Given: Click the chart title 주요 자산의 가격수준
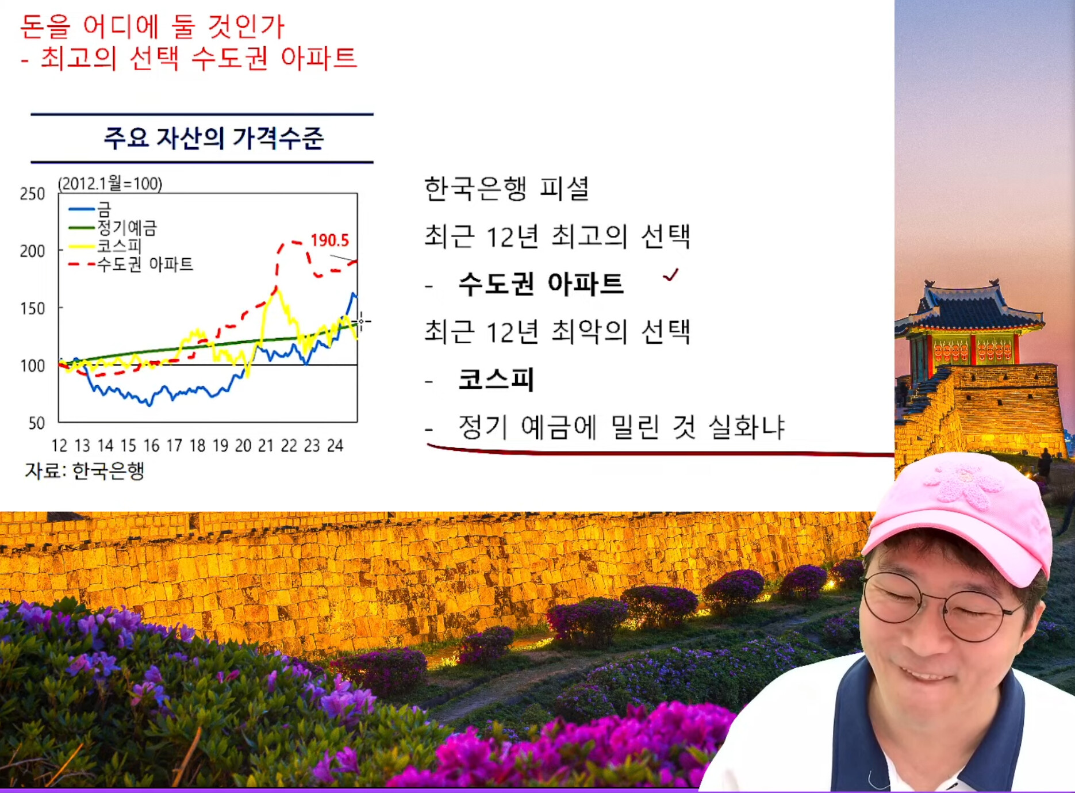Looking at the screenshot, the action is [x=214, y=138].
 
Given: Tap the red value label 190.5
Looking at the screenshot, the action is [x=330, y=240].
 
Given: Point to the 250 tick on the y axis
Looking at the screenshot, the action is [x=32, y=194].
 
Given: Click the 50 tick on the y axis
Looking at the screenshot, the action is [x=37, y=423].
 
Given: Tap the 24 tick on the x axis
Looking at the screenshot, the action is [x=335, y=446].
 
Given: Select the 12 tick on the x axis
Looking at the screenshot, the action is [x=59, y=446].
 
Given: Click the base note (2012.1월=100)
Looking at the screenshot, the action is [x=110, y=183].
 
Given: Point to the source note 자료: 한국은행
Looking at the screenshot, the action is [x=84, y=470].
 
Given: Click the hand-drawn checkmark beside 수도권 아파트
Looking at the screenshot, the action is [x=671, y=275].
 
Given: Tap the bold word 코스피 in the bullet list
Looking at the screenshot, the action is [x=496, y=380].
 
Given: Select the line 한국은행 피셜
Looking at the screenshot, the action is [x=506, y=189].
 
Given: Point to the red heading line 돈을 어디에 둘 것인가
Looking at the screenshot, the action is [x=152, y=26].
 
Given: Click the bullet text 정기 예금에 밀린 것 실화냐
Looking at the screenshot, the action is [x=621, y=427].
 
